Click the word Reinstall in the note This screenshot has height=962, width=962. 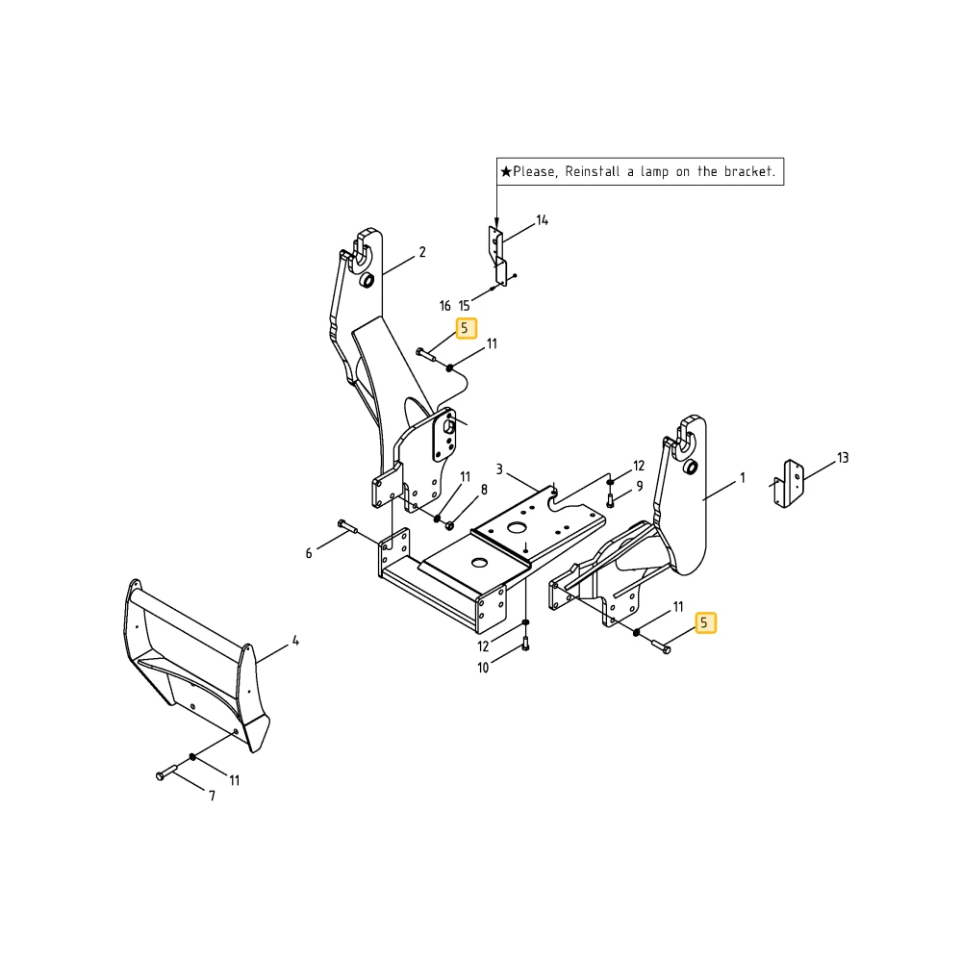[592, 171]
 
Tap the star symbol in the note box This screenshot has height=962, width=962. [506, 172]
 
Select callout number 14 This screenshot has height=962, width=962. [543, 220]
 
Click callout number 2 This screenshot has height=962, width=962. [422, 251]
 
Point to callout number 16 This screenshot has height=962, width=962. [444, 306]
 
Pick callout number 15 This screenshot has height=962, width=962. [465, 306]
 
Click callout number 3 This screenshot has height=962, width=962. [499, 469]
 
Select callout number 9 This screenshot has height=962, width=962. [640, 486]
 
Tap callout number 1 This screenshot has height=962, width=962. [743, 477]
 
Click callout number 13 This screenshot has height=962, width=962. [843, 458]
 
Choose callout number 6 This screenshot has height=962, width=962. [309, 553]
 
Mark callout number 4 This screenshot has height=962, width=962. [295, 641]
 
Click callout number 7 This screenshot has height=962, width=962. [213, 796]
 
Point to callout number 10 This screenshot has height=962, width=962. [484, 668]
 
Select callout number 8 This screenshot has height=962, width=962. [484, 490]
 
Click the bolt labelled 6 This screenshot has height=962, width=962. [347, 526]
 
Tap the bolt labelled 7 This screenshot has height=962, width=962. [166, 772]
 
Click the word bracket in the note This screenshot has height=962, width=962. [749, 171]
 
